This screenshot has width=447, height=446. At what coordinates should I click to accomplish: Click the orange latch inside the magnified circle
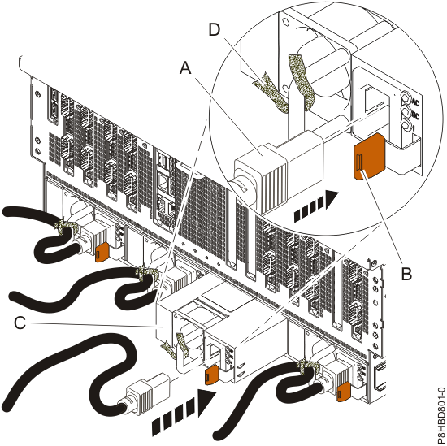tap(367, 155)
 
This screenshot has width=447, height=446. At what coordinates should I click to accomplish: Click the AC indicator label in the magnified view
tap(414, 104)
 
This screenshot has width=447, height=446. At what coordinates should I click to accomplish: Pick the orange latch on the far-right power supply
tap(343, 392)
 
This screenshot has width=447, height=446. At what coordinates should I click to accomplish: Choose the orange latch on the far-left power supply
tap(102, 253)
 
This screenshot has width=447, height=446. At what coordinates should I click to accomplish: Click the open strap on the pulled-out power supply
tap(176, 348)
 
